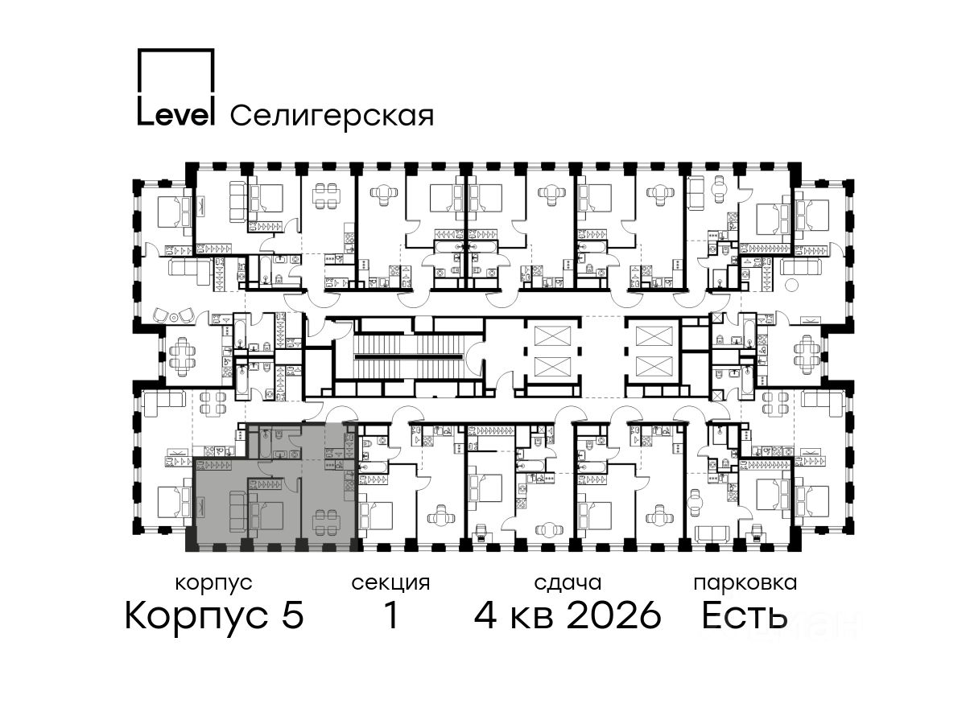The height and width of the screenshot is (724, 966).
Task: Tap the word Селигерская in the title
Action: pos(332,117)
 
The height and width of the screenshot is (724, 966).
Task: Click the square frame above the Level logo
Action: pos(175,70)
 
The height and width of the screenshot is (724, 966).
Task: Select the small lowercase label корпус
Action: pos(213,584)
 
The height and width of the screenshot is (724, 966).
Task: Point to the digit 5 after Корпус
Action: pos(293,615)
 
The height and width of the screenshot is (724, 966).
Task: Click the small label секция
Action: pos(390,584)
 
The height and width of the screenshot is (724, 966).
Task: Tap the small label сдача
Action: pos(568,584)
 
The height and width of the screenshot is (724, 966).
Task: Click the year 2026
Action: pos(613,615)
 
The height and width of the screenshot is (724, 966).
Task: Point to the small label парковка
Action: pos(745,584)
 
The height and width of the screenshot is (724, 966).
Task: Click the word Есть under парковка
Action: pos(744,615)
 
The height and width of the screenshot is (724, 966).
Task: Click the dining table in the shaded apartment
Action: pos(327,520)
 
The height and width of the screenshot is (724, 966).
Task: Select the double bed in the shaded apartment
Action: pos(266,512)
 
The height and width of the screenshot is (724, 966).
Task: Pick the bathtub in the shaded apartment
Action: pos(265,442)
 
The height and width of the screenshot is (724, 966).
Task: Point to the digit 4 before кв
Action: pos(486,615)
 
